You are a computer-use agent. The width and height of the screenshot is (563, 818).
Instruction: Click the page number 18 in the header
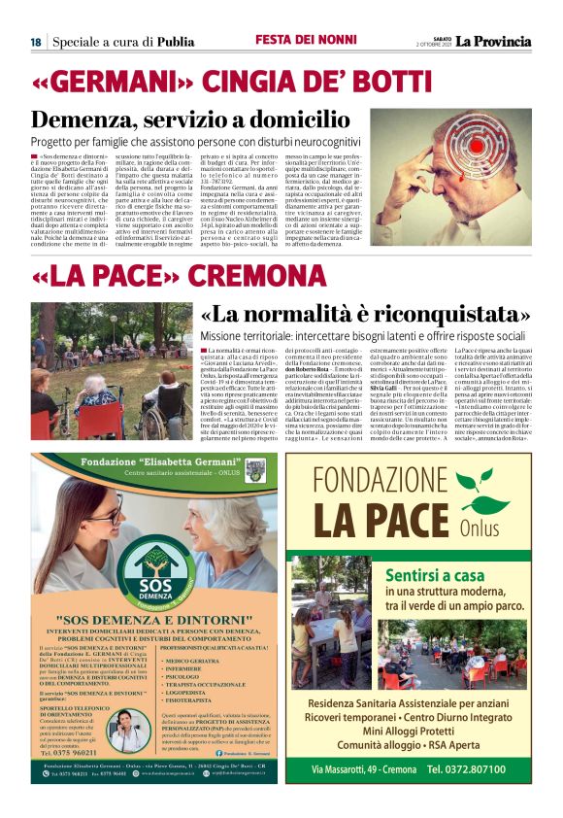pyautogui.click(x=35, y=42)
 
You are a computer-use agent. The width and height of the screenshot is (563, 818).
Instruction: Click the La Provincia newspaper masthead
pyautogui.click(x=495, y=41)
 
